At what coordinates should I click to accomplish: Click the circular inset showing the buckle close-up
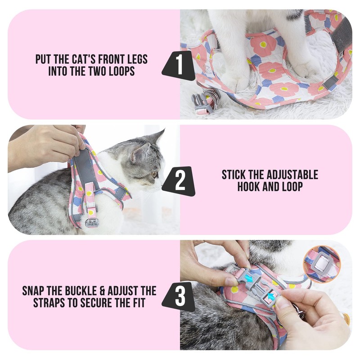pos(321,264)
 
